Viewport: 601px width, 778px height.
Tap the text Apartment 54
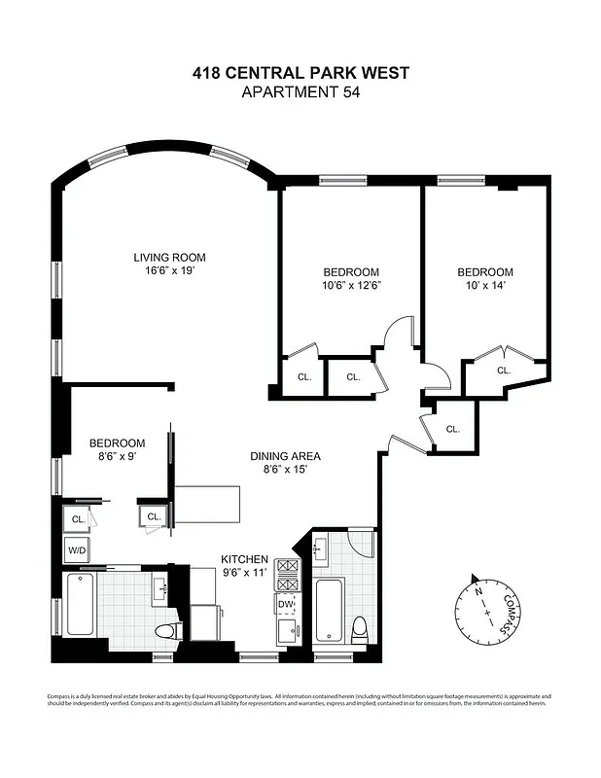pos(300,92)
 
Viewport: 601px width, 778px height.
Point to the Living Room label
pos(170,258)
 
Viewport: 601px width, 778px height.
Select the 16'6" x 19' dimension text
pos(170,271)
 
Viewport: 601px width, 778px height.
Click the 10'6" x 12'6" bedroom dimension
pos(351,286)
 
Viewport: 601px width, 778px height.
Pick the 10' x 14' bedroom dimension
pos(485,286)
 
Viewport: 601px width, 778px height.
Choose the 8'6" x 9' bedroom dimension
pos(118,456)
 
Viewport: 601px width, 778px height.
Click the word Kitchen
pos(244,559)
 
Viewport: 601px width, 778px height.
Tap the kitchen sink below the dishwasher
pos(287,634)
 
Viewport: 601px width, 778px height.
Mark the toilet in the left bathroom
pos(164,630)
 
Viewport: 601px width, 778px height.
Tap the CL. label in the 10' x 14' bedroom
pos(504,371)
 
